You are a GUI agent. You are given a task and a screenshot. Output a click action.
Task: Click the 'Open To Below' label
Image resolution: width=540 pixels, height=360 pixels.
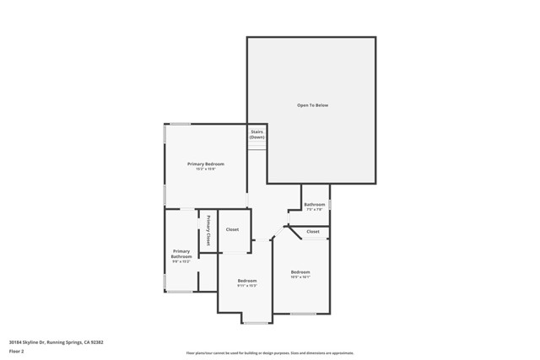point(311,105)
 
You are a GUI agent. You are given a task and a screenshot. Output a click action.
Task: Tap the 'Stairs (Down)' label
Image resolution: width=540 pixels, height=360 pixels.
point(256,134)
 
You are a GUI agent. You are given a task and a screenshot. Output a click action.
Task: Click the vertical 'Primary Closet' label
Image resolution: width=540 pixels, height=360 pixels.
point(208,230)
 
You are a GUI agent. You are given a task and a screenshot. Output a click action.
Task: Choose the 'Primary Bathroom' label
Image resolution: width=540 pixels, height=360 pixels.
point(181,254)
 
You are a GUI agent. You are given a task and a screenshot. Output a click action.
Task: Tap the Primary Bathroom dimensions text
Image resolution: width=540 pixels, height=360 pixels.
point(181,261)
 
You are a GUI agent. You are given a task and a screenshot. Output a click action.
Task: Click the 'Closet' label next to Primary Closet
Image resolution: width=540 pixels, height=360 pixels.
point(232,229)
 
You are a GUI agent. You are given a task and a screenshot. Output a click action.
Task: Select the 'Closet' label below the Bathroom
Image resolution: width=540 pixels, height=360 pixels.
point(313,231)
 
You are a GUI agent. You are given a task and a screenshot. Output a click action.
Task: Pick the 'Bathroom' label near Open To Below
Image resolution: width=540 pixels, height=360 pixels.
point(315,204)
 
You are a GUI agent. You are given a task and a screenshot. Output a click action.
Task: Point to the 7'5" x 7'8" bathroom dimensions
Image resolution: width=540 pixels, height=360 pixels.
point(315,210)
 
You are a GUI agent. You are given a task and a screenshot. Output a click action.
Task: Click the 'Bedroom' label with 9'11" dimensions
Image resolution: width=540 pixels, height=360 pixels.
point(246,280)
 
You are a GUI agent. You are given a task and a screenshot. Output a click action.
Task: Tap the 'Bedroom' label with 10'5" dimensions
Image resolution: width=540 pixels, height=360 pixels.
point(300,271)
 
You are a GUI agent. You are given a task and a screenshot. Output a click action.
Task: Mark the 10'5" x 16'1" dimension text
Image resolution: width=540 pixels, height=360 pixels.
point(300,277)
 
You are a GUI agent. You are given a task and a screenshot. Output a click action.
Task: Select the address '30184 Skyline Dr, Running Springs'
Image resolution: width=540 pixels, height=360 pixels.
point(56,342)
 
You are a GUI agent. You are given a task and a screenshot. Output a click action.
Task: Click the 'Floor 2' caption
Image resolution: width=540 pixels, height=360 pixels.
point(17,351)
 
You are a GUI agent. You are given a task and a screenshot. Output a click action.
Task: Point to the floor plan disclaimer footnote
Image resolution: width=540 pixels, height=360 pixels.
point(269,353)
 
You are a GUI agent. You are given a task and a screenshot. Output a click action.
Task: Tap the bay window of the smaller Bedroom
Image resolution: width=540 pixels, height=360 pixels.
point(255,322)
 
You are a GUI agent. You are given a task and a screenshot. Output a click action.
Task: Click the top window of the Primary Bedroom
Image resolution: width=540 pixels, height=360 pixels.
point(180,125)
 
